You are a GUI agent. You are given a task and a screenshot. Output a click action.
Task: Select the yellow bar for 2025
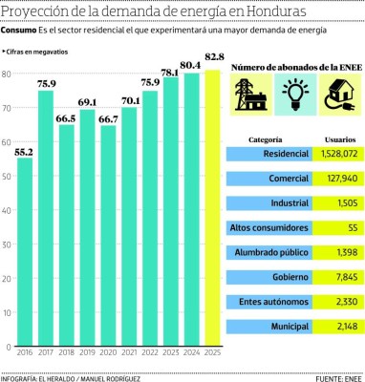(x=212, y=210)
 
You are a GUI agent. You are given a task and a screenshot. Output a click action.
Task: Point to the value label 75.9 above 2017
(x=46, y=83)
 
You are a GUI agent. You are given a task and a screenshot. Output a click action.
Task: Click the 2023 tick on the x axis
(x=171, y=350)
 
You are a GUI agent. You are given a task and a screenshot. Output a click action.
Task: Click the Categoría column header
(x=265, y=138)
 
